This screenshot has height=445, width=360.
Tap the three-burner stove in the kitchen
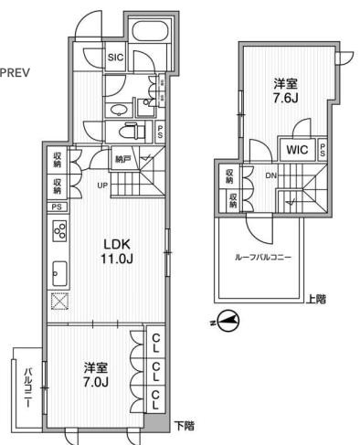click(60, 232)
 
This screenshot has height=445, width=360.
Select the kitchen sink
click(59, 271)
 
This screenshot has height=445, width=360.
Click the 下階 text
click(186, 425)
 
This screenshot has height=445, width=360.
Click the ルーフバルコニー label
click(264, 259)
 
